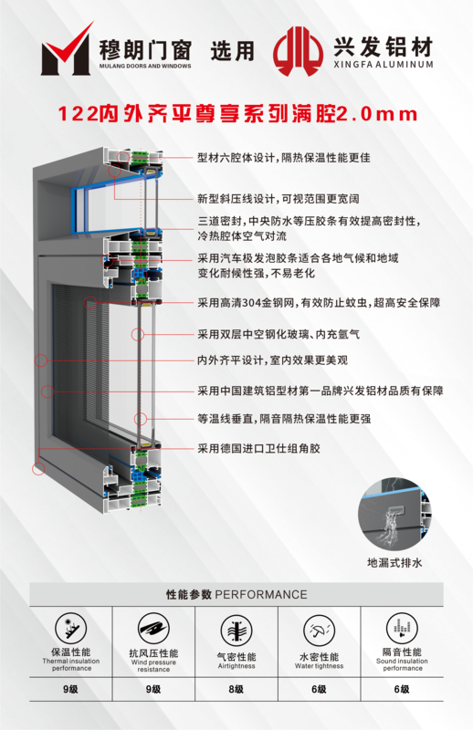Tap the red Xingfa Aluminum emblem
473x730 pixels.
point(298,51)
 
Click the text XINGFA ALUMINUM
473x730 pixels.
point(384,65)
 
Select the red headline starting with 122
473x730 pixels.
point(237,113)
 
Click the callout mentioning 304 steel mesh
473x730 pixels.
point(319,303)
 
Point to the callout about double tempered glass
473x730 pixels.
point(279,334)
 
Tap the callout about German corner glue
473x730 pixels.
point(258,448)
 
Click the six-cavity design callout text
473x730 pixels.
point(283,158)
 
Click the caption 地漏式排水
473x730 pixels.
point(394,562)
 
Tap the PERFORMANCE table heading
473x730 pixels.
point(236,595)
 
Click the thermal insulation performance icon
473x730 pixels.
point(71,628)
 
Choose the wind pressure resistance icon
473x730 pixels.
point(153,629)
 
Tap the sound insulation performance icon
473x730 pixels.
point(402,628)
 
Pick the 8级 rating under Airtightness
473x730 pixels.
point(236,689)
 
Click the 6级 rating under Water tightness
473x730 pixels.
point(320,689)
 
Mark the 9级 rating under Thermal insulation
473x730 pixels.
point(71,689)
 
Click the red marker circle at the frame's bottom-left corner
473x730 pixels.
point(38,468)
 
